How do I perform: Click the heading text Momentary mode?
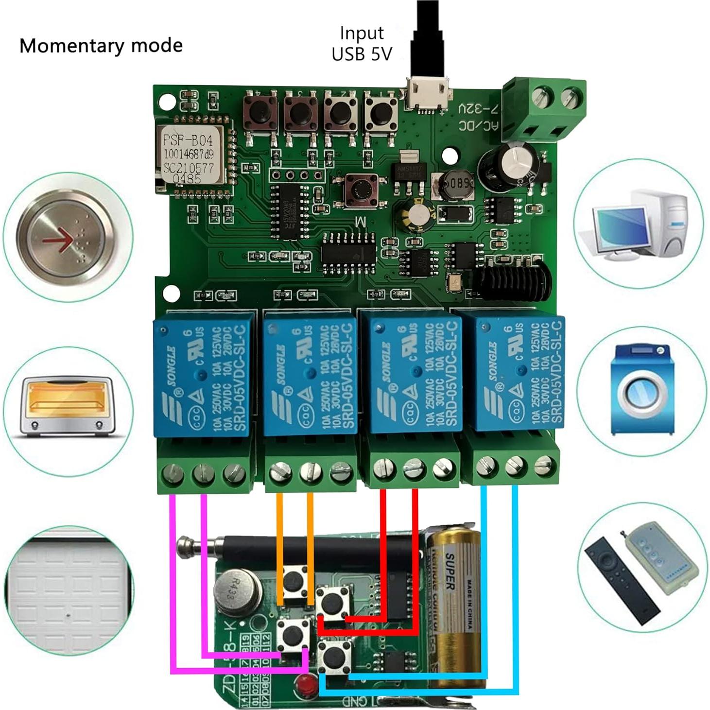[x=101, y=46]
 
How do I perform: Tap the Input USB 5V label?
[x=362, y=44]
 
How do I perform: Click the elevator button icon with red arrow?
[x=68, y=238]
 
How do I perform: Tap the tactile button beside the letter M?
[x=363, y=190]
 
